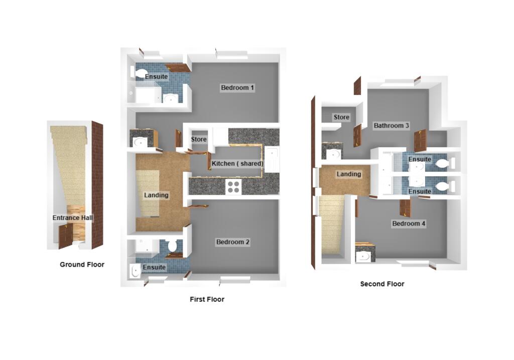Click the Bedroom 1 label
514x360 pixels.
237,87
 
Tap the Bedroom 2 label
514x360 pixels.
233,242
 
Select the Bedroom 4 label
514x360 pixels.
409,223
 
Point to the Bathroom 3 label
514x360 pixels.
391,125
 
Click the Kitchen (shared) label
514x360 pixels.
237,163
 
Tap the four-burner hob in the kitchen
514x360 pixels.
233,187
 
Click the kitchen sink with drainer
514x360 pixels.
272,160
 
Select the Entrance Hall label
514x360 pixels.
72,218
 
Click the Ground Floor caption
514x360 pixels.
82,265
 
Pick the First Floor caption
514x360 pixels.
207,299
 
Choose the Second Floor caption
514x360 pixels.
382,284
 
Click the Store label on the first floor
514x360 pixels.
199,140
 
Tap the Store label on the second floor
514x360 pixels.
341,117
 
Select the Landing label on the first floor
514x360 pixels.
156,195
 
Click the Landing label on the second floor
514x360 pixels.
349,174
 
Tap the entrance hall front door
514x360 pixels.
65,235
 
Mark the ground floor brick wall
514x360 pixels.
97,185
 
